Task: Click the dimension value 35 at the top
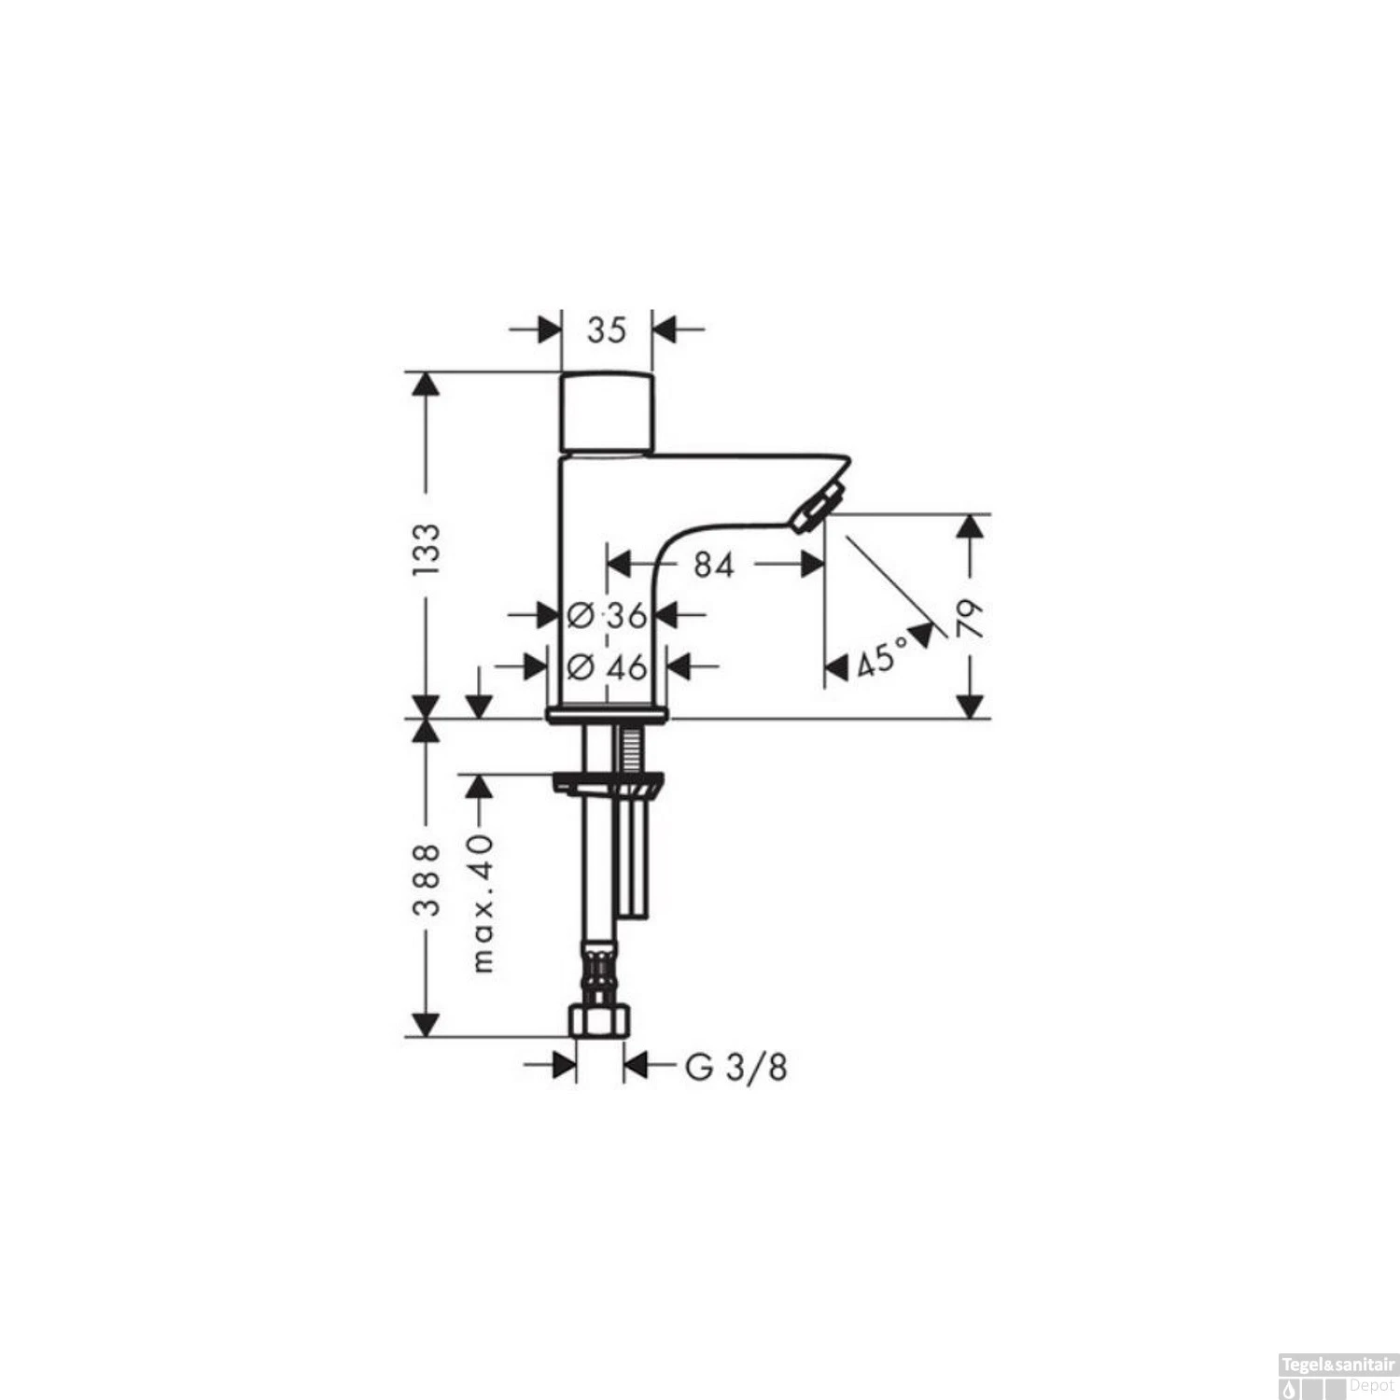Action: pyautogui.click(x=607, y=329)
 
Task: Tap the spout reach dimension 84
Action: pyautogui.click(x=713, y=564)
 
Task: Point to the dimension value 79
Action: pyautogui.click(x=972, y=618)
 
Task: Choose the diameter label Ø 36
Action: pyautogui.click(x=608, y=615)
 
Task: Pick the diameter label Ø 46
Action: pyautogui.click(x=608, y=666)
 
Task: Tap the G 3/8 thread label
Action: pyautogui.click(x=736, y=1067)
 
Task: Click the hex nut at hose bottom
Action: pyautogui.click(x=599, y=1019)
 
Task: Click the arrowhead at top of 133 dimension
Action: pyautogui.click(x=426, y=385)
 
